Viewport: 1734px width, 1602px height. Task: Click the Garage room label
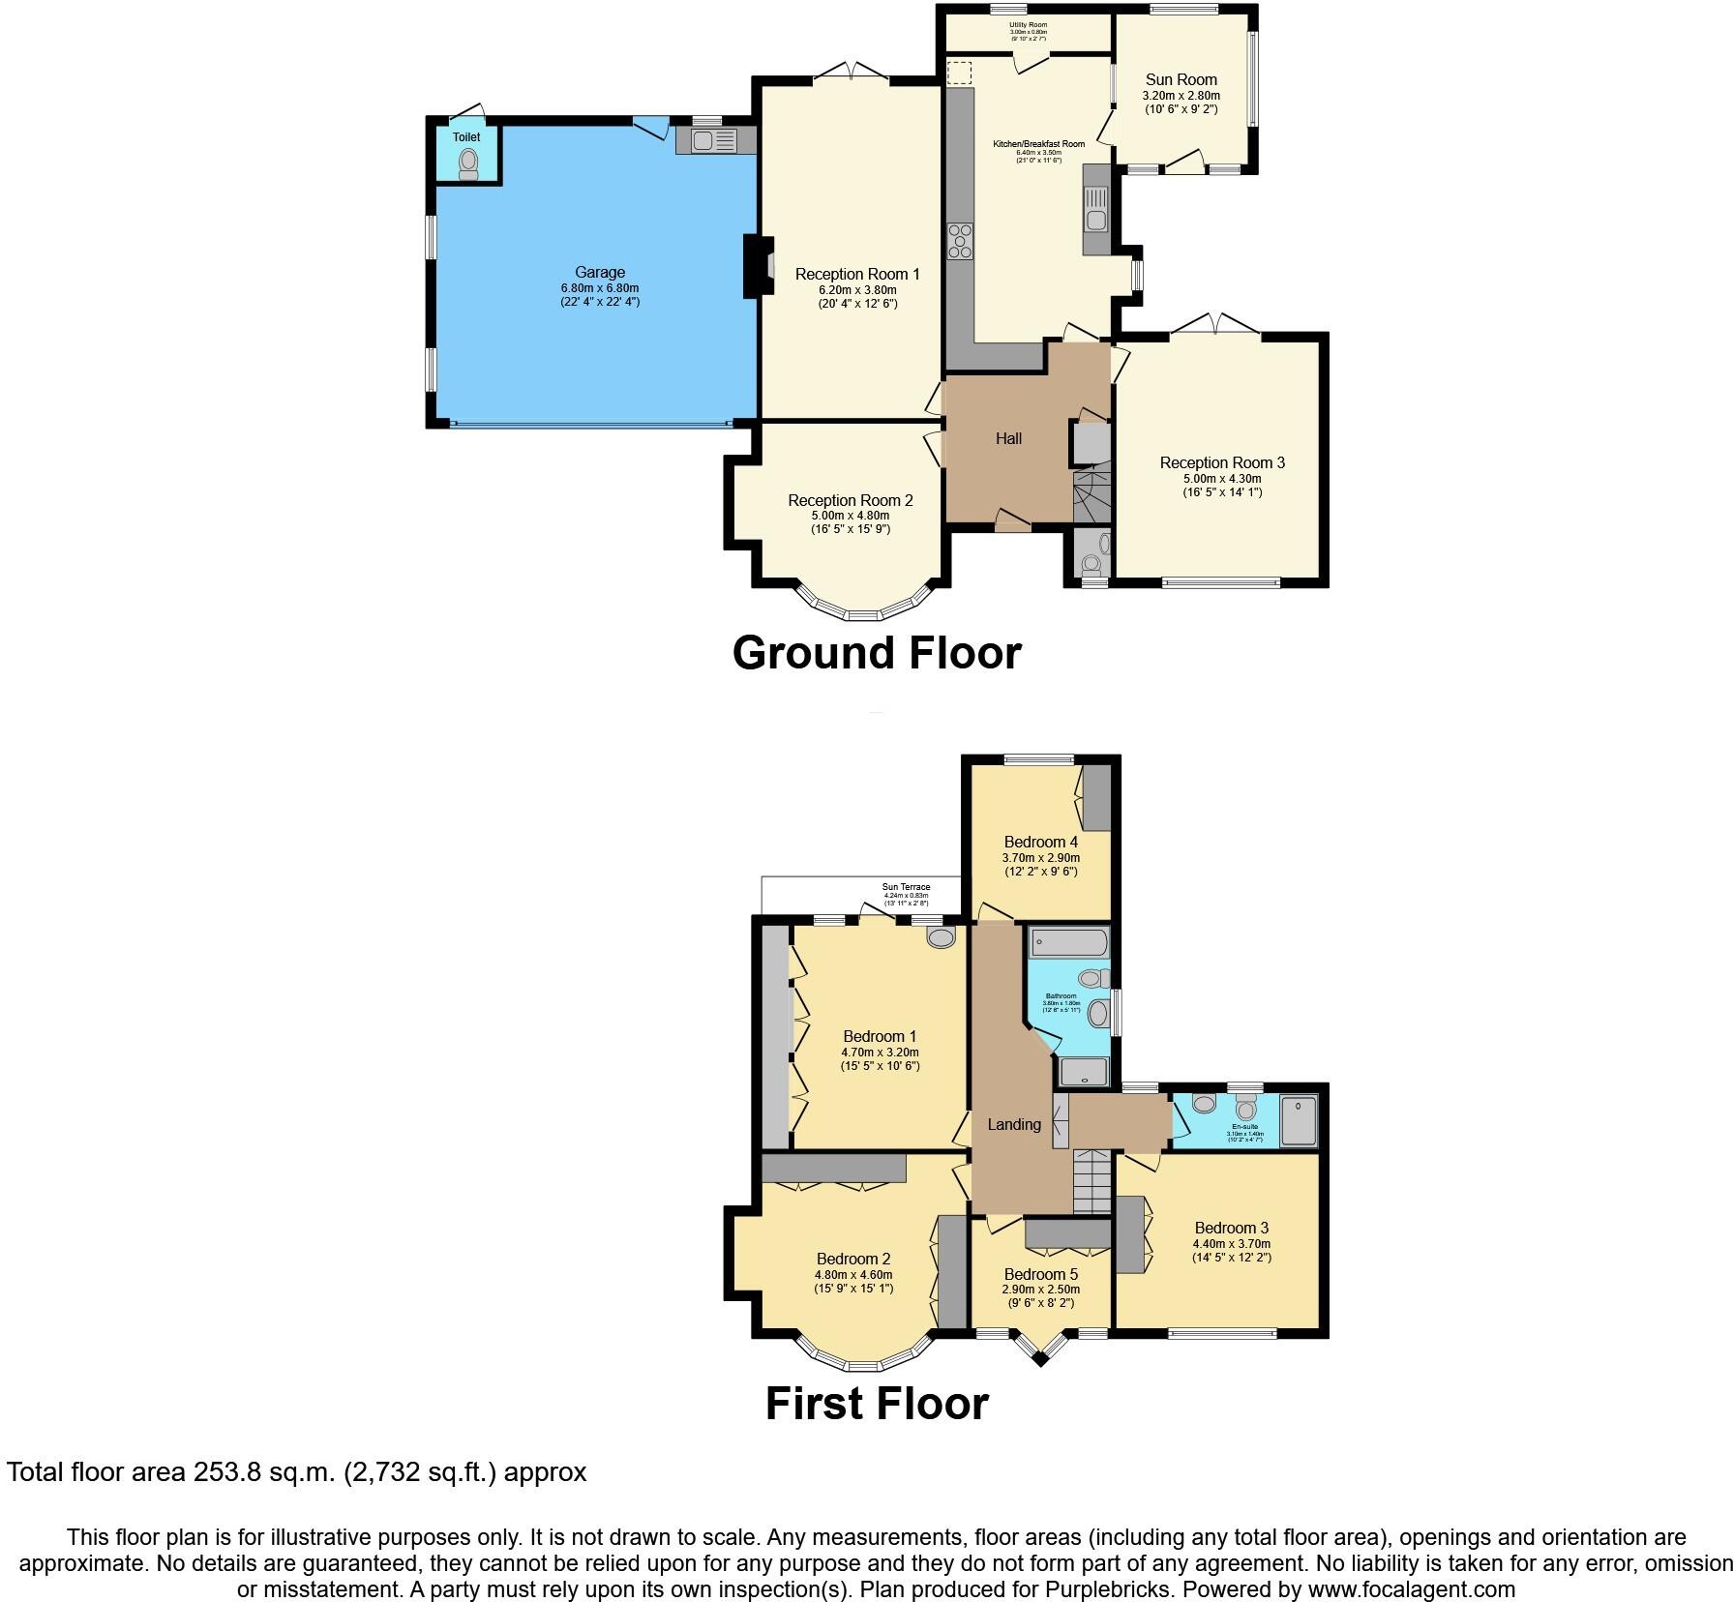[x=599, y=273]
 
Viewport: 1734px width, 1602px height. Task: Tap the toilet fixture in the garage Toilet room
[x=469, y=163]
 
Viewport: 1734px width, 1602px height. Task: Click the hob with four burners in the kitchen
[x=961, y=241]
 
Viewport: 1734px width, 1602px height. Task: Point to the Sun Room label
[x=1181, y=80]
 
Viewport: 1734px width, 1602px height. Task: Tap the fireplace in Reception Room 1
[x=758, y=266]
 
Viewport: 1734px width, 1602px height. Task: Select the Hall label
[x=1008, y=439]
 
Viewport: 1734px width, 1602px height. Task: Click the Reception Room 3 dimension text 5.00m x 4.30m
[x=1222, y=478]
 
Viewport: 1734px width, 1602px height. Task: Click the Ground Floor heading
[x=877, y=653]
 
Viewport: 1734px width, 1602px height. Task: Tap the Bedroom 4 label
[x=1040, y=842]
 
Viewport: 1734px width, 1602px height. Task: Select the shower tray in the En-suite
[x=1299, y=1119]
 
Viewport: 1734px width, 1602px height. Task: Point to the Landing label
[x=1013, y=1124]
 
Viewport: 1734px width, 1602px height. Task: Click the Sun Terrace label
[x=906, y=887]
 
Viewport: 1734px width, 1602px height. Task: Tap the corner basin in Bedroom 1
[x=941, y=936]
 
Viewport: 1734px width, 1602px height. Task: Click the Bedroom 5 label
[x=1040, y=1274]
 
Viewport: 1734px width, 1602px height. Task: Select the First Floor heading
[x=877, y=1404]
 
